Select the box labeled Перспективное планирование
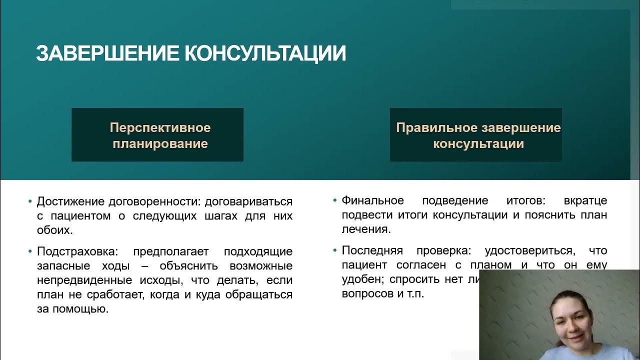coord(157,135)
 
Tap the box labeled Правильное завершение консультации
coord(476,135)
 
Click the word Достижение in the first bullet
coord(69,201)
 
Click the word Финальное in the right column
coord(372,200)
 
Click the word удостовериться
coord(524,250)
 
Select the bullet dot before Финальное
coord(335,200)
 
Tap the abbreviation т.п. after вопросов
coord(415,293)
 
